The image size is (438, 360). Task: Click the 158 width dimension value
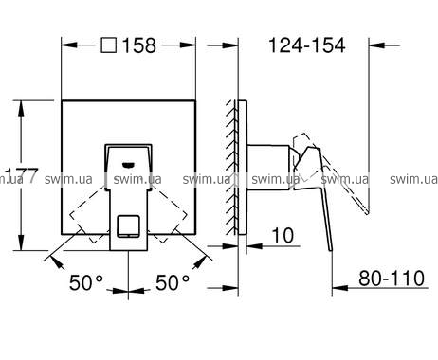click(139, 45)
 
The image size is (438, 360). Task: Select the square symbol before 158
click(109, 45)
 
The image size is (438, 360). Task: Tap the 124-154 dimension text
click(307, 45)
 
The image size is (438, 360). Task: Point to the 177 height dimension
click(22, 175)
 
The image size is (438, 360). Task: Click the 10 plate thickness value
click(283, 235)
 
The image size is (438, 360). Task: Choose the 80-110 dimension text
click(392, 279)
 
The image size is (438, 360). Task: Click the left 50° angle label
click(86, 282)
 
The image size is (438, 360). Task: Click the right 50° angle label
click(173, 282)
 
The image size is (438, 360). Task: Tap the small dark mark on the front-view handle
click(128, 165)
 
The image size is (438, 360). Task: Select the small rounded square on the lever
click(128, 226)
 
